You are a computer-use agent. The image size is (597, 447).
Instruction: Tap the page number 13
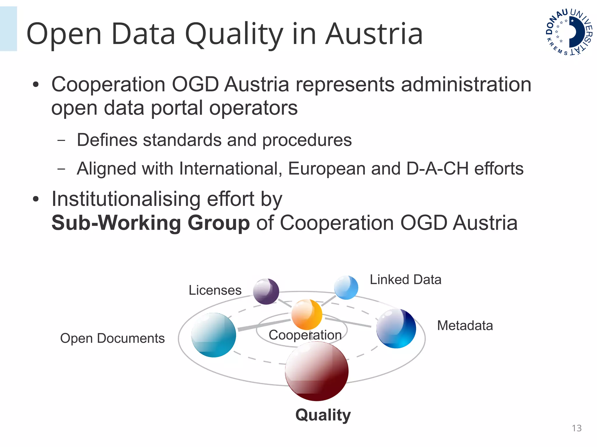pyautogui.click(x=577, y=428)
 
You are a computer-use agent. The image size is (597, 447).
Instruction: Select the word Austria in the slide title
pyautogui.click(x=374, y=34)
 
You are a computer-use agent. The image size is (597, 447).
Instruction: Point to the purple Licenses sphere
pyautogui.click(x=266, y=291)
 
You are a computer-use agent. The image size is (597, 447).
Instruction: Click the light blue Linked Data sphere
pyautogui.click(x=346, y=287)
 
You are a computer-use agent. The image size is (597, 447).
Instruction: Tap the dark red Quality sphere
pyautogui.click(x=317, y=371)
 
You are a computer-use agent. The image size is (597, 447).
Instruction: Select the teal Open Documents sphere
pyautogui.click(x=214, y=335)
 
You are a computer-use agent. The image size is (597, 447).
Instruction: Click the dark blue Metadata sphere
pyautogui.click(x=396, y=328)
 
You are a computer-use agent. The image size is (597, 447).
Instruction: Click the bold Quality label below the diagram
pyautogui.click(x=323, y=415)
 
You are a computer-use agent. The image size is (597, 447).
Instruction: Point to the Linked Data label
pyautogui.click(x=405, y=280)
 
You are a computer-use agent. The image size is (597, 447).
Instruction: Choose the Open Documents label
pyautogui.click(x=112, y=338)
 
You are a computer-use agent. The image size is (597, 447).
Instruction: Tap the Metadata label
pyautogui.click(x=465, y=325)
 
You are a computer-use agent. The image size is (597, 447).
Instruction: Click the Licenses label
pyautogui.click(x=215, y=290)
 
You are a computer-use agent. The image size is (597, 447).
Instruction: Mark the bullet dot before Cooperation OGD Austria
pyautogui.click(x=36, y=85)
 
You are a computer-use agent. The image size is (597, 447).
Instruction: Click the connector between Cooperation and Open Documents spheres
pyautogui.click(x=264, y=325)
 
